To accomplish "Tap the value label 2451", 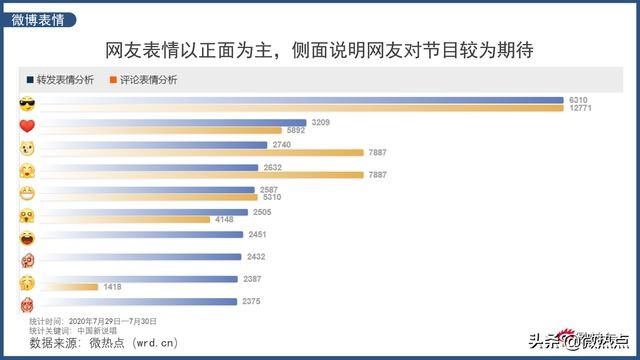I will click(x=259, y=234).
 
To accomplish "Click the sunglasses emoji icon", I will click(x=28, y=103).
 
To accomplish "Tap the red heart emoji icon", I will click(x=28, y=126).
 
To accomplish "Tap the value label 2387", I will click(x=254, y=279).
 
